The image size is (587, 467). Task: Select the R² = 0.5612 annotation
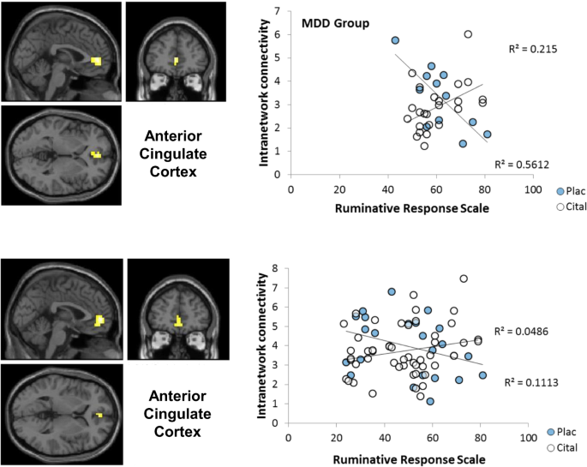[x=523, y=165]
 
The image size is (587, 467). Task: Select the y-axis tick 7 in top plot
[x=282, y=12]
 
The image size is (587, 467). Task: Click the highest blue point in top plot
[x=395, y=40]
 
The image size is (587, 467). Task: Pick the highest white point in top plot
[x=468, y=34]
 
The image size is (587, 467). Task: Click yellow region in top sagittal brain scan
[x=96, y=61]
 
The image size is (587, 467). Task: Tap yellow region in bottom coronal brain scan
[x=177, y=322]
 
